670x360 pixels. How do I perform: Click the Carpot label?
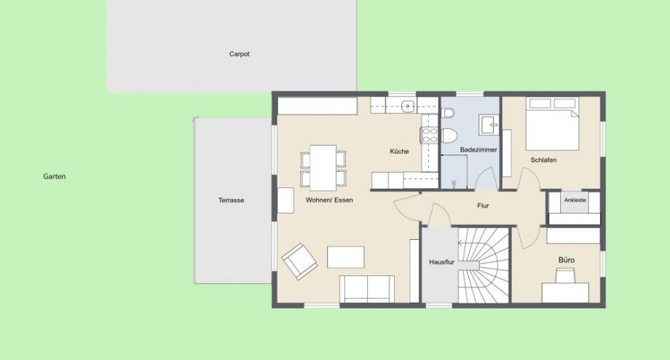[x=239, y=54]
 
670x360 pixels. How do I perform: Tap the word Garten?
[x=55, y=176]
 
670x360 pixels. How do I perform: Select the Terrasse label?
[x=230, y=200]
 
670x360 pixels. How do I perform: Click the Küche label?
[x=399, y=152]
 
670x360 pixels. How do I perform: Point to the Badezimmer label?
[x=478, y=150]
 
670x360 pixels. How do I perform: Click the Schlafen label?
[x=543, y=160]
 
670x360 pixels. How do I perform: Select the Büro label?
[x=567, y=259]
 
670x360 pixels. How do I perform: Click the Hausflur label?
[x=441, y=261]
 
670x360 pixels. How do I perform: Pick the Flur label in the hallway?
[x=482, y=206]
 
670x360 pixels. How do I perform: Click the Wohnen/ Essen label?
[x=329, y=200]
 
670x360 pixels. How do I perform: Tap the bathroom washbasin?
[x=488, y=123]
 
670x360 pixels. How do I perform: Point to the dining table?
[x=323, y=167]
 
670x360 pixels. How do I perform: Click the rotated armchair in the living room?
[x=299, y=260]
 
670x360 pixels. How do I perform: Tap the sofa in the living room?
[x=367, y=289]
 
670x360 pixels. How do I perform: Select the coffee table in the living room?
[x=345, y=257]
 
